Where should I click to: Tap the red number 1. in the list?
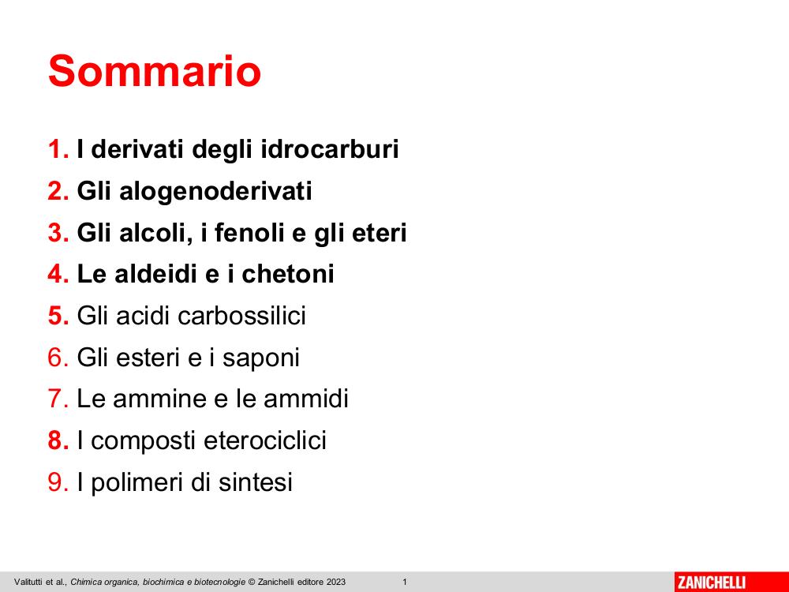pos(58,149)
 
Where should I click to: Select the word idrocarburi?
pos(330,149)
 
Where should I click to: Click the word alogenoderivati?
pos(215,192)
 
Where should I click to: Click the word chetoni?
pos(288,275)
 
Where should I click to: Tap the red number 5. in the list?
pos(58,317)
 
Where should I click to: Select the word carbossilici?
pos(241,317)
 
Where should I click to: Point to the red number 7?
pos(58,399)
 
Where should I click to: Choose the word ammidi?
pos(306,399)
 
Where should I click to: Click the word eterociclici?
pos(265,440)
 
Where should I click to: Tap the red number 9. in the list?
pos(58,482)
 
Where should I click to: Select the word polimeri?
pos(136,483)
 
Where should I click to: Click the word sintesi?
pos(255,482)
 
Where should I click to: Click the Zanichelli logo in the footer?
pos(712,583)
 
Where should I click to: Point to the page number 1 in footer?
pos(405,583)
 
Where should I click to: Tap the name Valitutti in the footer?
pos(28,583)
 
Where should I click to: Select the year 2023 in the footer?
pos(335,583)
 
